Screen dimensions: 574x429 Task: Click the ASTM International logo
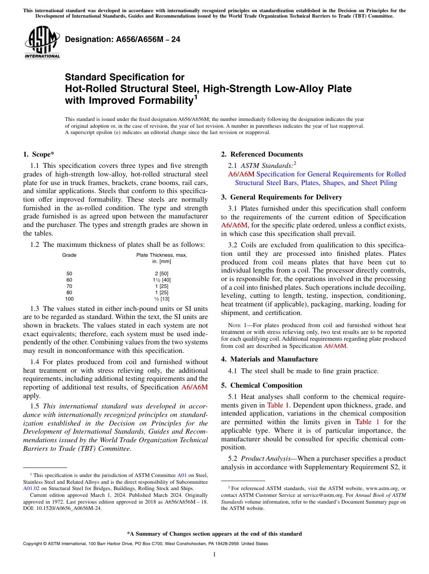42,42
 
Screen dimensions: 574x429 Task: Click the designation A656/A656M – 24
123,40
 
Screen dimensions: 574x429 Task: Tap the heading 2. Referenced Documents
262,154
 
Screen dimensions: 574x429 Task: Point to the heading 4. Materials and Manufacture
270,359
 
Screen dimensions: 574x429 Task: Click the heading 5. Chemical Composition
261,385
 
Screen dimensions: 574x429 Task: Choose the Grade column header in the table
69,255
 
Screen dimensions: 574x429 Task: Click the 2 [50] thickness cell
162,273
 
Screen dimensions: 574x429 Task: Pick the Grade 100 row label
69,299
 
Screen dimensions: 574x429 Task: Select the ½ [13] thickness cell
162,299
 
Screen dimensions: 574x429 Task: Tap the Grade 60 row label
69,280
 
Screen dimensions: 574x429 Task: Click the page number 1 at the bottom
214,555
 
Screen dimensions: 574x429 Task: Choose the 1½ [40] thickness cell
162,280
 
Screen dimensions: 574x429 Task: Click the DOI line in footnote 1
62,509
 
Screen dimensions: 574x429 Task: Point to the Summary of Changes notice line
214,534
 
